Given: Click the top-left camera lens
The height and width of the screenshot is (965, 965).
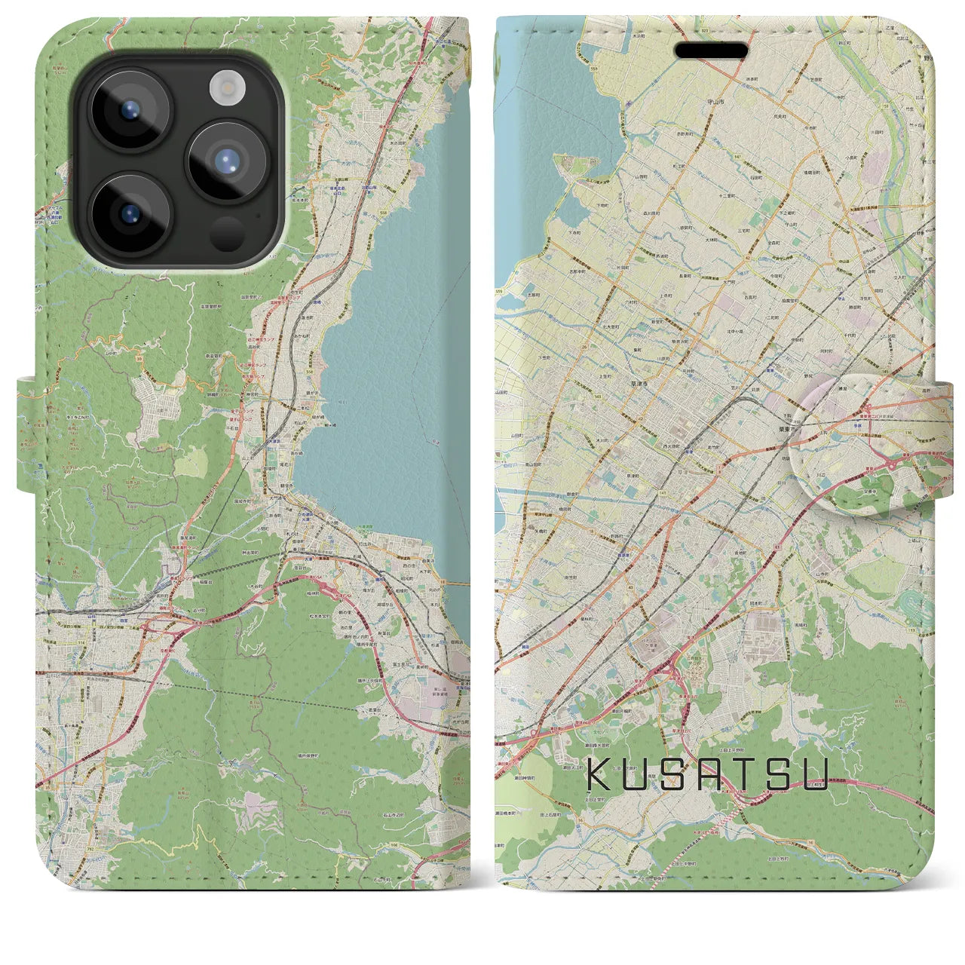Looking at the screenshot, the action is point(129,110).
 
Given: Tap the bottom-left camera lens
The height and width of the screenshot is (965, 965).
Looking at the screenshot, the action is point(129,211).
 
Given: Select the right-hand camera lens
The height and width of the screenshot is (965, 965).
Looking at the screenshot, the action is point(227,161).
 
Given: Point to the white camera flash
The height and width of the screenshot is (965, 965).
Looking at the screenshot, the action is point(223,88).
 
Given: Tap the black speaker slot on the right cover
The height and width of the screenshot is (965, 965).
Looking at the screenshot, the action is point(710,51).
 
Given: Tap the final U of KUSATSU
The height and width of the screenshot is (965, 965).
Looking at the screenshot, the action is point(815,775).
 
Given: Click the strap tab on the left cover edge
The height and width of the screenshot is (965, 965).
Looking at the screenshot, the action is point(27,436).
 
